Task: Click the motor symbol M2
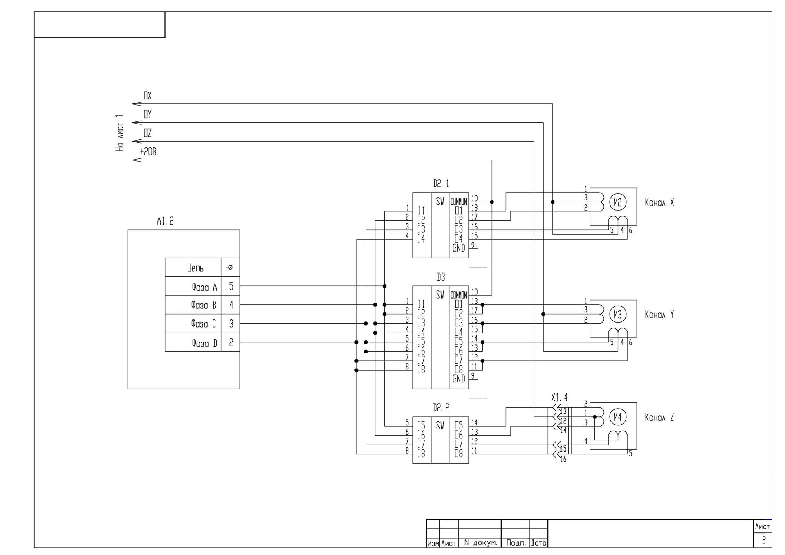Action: coord(617,202)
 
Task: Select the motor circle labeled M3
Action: coord(617,314)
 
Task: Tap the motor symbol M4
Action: coord(617,417)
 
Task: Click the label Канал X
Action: coord(659,202)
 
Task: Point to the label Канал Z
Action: coord(659,417)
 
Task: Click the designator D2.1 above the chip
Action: coord(441,184)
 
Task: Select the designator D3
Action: coord(441,277)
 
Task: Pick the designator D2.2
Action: coord(441,408)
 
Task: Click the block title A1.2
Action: coord(165,221)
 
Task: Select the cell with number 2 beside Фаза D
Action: coord(231,342)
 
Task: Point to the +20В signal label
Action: coord(148,152)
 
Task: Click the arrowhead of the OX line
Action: coord(136,104)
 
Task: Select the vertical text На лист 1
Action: coord(119,133)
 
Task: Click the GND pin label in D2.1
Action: coord(459,248)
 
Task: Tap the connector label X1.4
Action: coord(559,398)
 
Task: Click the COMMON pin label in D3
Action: coord(459,295)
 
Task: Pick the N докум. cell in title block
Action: coord(480,543)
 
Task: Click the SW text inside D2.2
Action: coord(440,426)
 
